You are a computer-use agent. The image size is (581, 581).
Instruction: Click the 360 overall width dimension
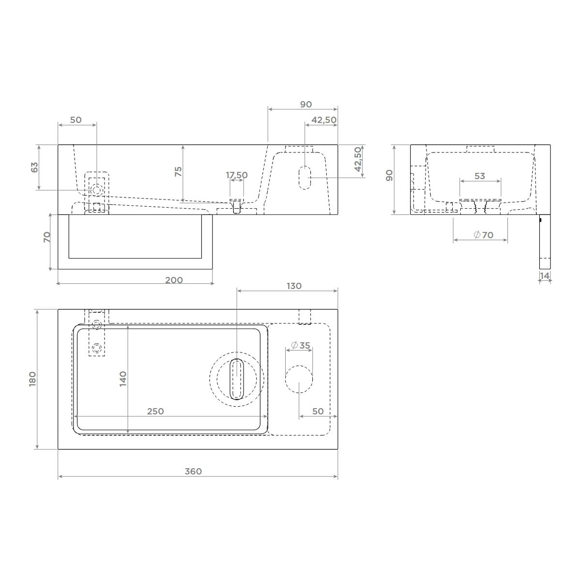(193, 471)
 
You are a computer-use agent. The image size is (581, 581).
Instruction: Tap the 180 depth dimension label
(32, 379)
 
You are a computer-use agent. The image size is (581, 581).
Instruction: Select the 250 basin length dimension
(155, 411)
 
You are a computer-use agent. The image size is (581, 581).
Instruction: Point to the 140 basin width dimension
(122, 379)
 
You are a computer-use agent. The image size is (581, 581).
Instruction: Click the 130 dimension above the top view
(294, 286)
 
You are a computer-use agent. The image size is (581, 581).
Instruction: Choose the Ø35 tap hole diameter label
(301, 345)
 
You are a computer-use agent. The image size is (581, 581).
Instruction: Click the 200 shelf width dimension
(174, 280)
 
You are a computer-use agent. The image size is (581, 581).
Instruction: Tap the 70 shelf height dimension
(47, 237)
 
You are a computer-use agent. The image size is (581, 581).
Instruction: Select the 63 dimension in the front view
(35, 168)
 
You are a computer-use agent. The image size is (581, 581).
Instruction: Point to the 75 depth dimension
(178, 171)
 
